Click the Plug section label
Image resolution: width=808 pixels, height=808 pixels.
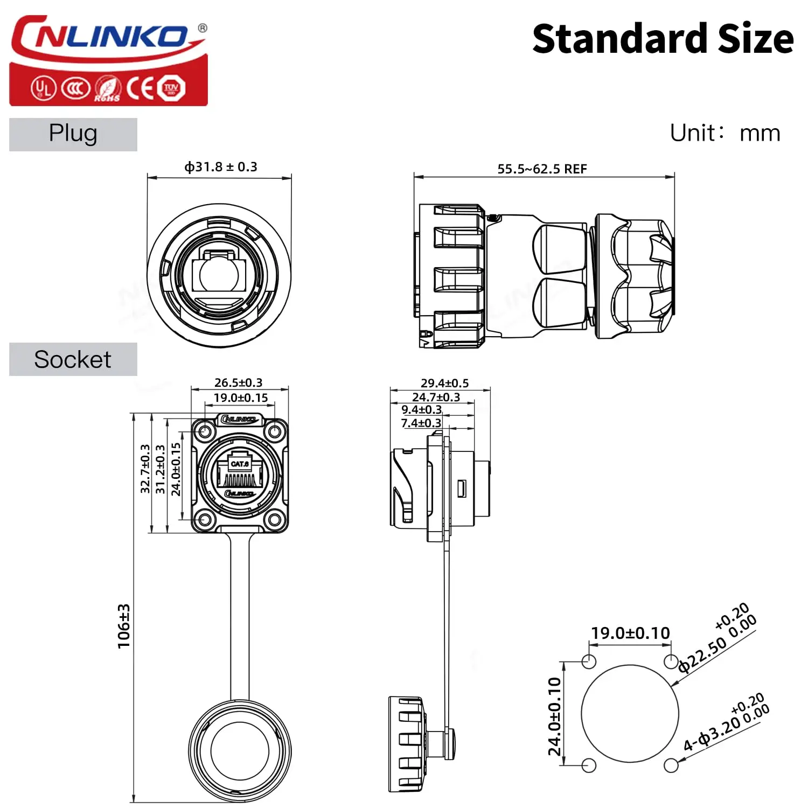coord(73,134)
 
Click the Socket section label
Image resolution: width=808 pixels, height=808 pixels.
coord(73,359)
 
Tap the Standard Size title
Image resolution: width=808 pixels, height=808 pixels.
coord(663,39)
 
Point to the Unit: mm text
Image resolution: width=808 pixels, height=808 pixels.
coord(725,133)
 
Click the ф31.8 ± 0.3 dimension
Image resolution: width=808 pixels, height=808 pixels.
coord(221,166)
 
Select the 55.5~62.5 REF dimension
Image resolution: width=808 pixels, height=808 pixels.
coord(542,169)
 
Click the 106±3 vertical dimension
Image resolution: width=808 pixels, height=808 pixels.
coord(124,626)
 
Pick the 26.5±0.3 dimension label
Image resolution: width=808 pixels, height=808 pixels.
coord(238,382)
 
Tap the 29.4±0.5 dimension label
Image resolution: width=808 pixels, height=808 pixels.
coord(444,383)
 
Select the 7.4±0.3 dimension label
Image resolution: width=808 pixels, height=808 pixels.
coord(421,423)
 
